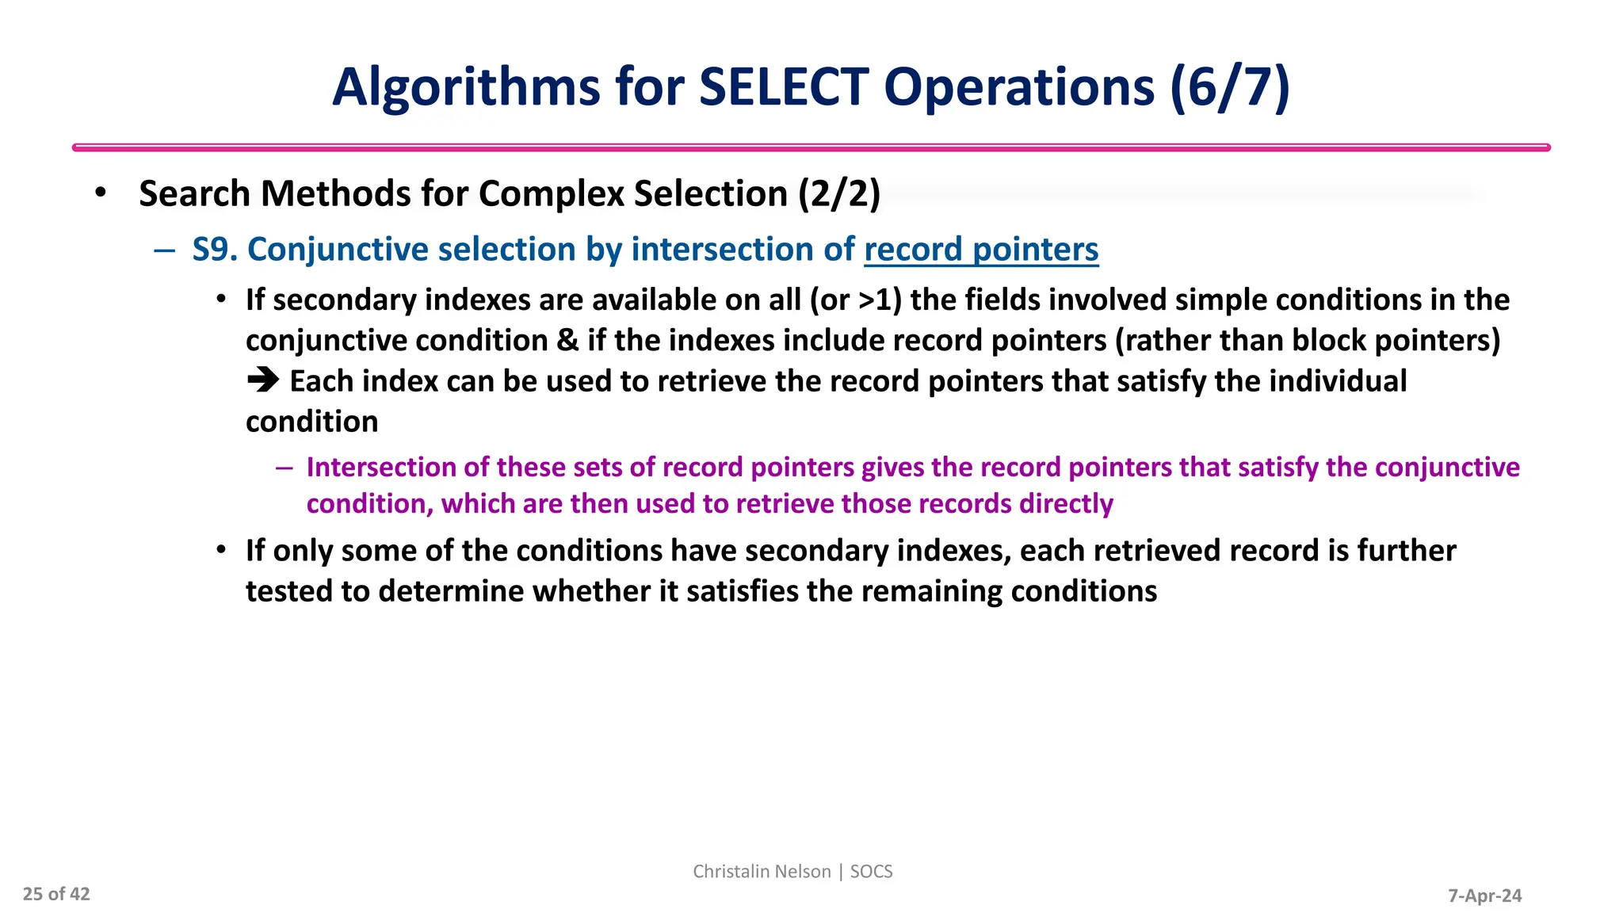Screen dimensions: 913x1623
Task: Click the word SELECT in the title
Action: tap(784, 87)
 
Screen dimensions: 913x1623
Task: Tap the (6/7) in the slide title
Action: tap(1229, 87)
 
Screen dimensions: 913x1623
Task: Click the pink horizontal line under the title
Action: tap(811, 147)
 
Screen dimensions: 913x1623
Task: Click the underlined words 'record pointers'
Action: tap(981, 250)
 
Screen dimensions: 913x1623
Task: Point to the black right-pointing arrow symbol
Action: tap(263, 381)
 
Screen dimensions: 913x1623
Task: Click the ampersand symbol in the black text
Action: tap(567, 341)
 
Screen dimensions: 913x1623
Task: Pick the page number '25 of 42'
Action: tap(56, 894)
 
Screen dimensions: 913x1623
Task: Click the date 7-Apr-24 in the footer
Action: tap(1484, 896)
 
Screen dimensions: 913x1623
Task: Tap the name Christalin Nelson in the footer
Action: tap(762, 872)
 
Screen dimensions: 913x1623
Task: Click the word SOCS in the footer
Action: tap(871, 872)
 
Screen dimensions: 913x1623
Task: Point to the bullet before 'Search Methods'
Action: tap(100, 193)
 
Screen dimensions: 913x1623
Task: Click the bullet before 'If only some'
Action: tap(222, 550)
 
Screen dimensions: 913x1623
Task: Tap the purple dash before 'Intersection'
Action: tap(285, 468)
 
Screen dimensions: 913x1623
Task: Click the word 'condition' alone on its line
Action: tap(311, 422)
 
